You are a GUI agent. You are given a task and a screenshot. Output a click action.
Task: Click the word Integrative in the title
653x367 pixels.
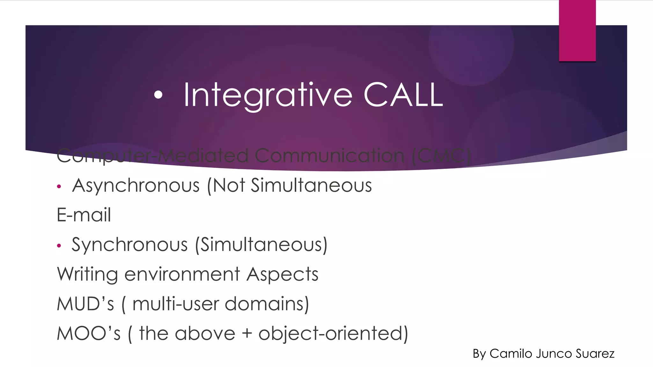(268, 95)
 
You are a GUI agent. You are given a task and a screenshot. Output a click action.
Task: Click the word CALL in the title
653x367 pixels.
(403, 95)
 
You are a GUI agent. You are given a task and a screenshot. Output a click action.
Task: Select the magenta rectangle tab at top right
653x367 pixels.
(577, 31)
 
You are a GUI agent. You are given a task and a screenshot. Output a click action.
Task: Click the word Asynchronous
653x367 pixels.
(136, 186)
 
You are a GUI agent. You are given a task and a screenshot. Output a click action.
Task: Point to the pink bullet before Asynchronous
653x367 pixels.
(59, 187)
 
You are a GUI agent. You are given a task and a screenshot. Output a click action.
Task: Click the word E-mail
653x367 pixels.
(84, 215)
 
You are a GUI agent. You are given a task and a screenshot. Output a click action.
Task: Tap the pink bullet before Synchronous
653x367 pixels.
(59, 246)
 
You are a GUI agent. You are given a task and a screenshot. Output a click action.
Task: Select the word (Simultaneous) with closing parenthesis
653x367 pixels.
(261, 245)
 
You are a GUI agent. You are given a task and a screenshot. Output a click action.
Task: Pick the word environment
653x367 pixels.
(182, 275)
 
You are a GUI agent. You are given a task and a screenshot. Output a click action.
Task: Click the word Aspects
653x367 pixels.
(282, 275)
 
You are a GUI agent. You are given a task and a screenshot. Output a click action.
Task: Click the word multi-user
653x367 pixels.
(176, 304)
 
